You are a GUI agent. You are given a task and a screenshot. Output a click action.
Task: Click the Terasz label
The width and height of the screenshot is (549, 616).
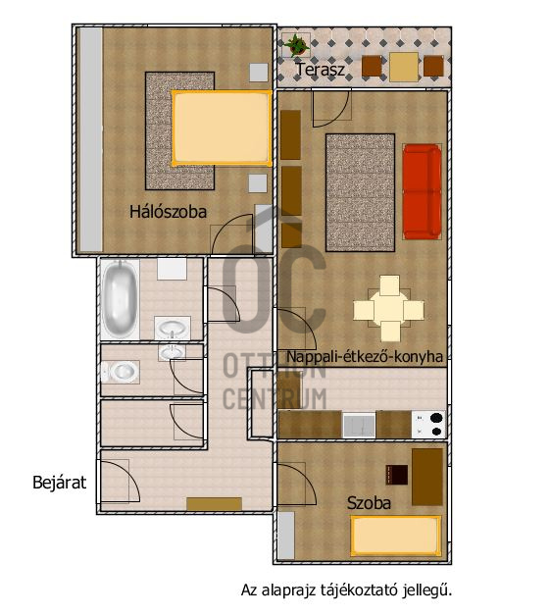[x=321, y=70]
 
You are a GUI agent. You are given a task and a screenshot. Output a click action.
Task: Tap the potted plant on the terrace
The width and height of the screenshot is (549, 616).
[x=296, y=45]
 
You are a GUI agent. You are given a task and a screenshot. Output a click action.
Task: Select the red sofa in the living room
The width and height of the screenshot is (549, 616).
[x=423, y=191]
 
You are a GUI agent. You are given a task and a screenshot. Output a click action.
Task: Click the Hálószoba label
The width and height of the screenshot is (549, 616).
[x=168, y=212]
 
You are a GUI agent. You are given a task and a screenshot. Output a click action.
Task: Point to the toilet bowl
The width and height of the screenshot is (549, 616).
[x=121, y=371]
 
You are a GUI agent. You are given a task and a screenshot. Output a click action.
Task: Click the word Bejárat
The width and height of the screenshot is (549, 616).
[x=59, y=483]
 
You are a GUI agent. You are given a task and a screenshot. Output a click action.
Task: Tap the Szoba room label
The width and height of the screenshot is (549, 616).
[x=369, y=503]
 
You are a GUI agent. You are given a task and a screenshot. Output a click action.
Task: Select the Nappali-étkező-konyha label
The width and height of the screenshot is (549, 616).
[x=365, y=356]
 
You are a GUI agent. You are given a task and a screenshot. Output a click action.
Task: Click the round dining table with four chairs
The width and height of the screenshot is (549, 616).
[x=389, y=308]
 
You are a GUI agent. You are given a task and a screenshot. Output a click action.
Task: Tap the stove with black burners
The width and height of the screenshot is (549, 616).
[x=429, y=425]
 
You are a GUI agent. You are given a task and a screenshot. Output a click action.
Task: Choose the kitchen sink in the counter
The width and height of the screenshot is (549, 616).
[x=359, y=425]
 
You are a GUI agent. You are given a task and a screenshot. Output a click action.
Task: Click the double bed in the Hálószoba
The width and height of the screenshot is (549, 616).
[x=222, y=128]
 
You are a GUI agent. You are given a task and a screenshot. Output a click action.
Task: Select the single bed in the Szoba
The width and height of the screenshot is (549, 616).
[x=396, y=536]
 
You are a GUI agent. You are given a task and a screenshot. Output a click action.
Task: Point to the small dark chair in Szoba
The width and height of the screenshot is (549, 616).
[x=397, y=475]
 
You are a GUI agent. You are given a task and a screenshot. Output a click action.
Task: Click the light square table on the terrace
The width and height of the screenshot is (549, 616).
[x=403, y=67]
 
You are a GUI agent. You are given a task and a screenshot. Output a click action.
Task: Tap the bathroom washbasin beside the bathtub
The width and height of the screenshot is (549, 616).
[x=173, y=328]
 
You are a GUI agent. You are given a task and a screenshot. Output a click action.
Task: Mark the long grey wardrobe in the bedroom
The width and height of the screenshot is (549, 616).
[x=91, y=139]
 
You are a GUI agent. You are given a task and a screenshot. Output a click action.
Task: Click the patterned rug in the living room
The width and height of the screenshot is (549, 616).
[x=360, y=192]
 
